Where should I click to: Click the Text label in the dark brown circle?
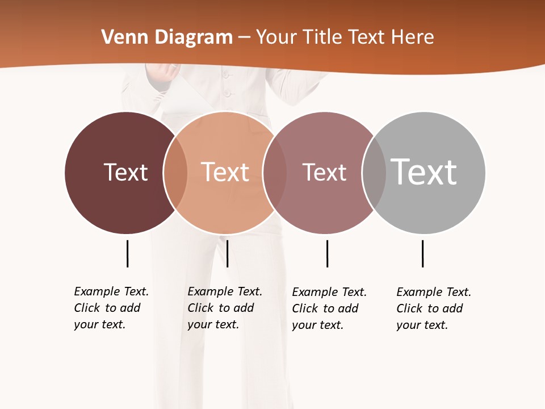click(x=125, y=172)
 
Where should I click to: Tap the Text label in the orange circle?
click(x=225, y=172)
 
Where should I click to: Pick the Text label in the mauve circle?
click(x=324, y=172)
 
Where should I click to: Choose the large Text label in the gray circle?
click(x=424, y=172)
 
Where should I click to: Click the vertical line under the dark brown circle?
click(x=127, y=253)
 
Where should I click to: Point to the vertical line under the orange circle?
click(x=227, y=253)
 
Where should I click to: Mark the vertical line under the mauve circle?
click(x=327, y=253)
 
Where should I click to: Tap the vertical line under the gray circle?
click(x=422, y=253)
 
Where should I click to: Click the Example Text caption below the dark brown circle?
click(x=111, y=308)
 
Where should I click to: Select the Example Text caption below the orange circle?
click(x=225, y=308)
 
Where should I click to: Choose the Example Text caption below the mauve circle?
click(x=329, y=308)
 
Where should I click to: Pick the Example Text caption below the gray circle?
click(x=434, y=308)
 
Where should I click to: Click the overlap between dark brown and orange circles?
click(x=175, y=172)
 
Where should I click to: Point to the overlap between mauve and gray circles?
click(x=374, y=172)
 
